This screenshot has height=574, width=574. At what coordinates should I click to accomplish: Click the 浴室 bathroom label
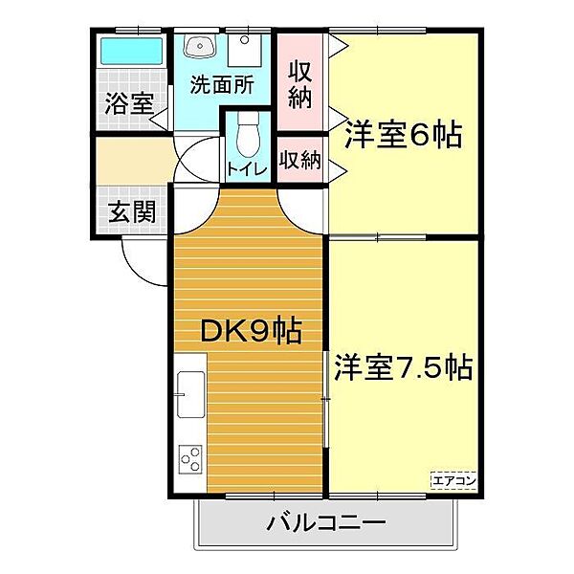click(128, 104)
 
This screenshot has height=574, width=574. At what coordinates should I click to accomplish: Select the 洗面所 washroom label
click(220, 84)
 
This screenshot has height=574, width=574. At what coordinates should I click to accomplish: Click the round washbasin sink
click(200, 47)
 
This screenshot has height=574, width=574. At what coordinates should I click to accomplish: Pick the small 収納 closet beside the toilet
click(299, 159)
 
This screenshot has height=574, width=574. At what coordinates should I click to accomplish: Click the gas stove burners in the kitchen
click(190, 460)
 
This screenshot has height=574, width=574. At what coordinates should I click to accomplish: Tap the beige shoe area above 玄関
click(131, 164)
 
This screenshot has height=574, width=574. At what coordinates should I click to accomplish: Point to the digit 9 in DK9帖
click(258, 331)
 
